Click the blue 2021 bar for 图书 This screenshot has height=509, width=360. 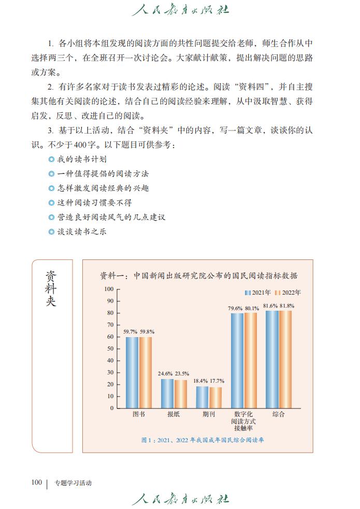(x=132, y=372)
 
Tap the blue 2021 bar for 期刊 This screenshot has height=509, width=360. (x=202, y=397)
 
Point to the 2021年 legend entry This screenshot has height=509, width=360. (x=258, y=293)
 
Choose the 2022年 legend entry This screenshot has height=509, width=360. (x=287, y=293)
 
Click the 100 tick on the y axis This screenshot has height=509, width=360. (x=109, y=289)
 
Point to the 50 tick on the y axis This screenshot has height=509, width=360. (x=110, y=348)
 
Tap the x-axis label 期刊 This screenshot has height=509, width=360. (x=209, y=415)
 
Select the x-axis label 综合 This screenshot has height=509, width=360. (x=279, y=415)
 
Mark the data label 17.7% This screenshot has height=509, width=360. (x=217, y=381)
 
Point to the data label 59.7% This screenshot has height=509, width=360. (x=131, y=331)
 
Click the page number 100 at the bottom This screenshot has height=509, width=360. (x=36, y=483)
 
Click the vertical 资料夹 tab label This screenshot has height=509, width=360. (x=51, y=288)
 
